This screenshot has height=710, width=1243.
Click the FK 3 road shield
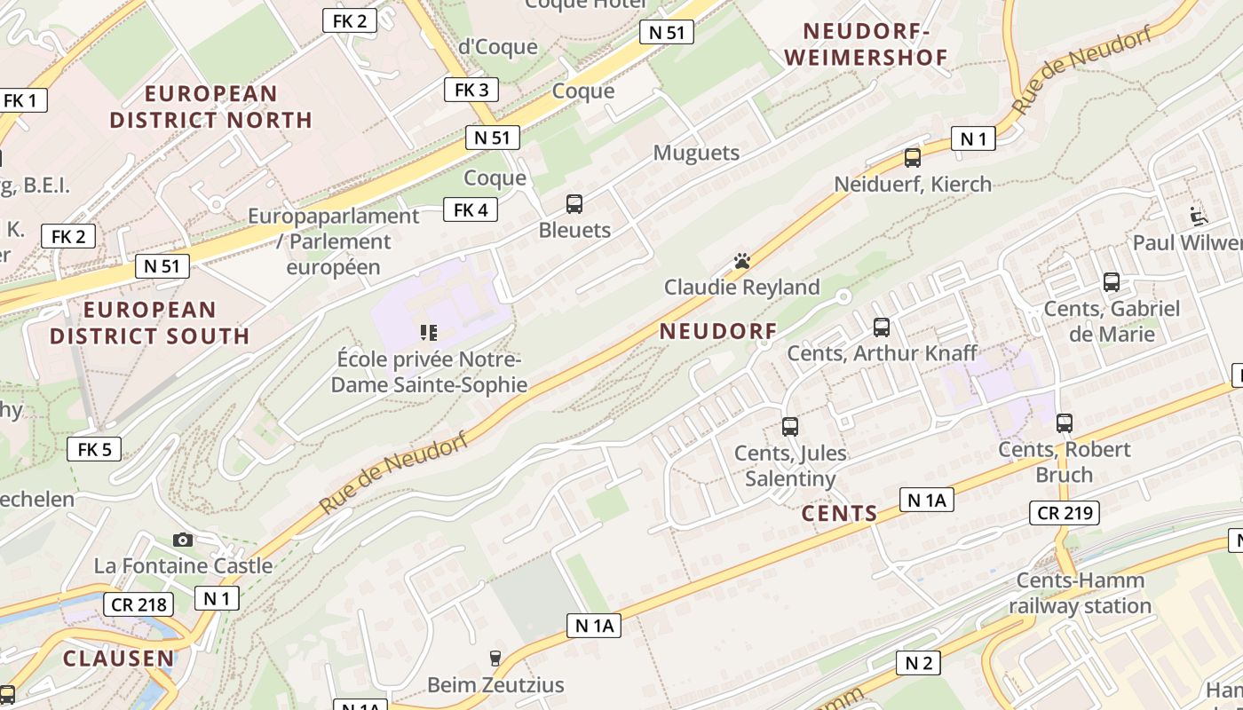471,90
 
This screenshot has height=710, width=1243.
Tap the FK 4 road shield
471,210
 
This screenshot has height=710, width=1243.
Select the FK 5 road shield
94,449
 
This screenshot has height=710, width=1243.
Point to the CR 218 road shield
139,605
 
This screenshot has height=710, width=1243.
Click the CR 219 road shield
1065,513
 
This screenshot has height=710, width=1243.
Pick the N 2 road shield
918,662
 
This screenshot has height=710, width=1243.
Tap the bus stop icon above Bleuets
574,204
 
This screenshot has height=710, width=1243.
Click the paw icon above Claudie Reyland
742,261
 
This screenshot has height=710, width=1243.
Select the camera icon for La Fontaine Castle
182,540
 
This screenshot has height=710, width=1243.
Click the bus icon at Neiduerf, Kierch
912,158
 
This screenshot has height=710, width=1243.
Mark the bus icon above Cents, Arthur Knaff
882,327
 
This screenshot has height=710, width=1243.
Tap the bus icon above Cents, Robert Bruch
1065,423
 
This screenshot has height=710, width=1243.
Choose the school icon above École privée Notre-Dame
429,333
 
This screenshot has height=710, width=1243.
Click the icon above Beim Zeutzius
495,659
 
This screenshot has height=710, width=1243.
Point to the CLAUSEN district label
119,659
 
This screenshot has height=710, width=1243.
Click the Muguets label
696,153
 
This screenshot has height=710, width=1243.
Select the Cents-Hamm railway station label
1080,593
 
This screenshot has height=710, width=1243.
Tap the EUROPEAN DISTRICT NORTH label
211,106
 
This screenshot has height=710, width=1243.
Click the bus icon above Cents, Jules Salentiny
790,427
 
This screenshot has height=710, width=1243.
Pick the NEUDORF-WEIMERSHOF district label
867,44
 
